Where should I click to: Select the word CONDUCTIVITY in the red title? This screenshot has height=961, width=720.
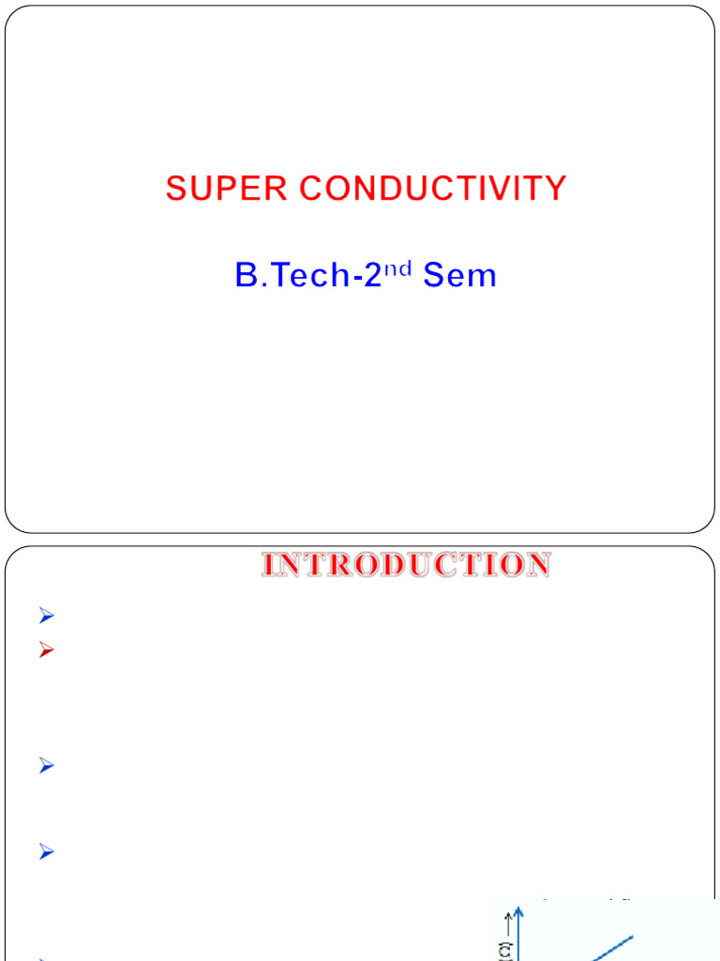tap(433, 189)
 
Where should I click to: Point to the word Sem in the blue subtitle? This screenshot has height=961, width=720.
tap(459, 276)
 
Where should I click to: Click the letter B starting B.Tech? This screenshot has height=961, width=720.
tap(246, 276)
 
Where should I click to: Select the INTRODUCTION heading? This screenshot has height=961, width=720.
tap(406, 565)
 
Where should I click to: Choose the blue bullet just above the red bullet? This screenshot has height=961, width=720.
tap(48, 617)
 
